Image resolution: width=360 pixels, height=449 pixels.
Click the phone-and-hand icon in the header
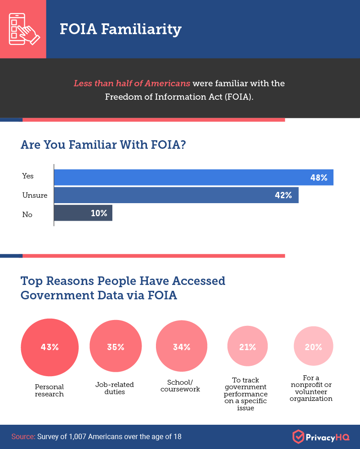(23, 29)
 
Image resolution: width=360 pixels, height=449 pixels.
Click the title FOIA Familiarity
(120, 29)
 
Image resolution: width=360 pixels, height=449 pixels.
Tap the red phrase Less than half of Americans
(132, 84)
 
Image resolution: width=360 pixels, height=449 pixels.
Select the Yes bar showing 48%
(193, 178)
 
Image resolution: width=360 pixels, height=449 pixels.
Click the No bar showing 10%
(83, 213)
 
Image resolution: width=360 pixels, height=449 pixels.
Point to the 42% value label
(283, 196)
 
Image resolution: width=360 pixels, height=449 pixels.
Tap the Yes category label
(28, 176)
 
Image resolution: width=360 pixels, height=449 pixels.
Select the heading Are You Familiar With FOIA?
(103, 145)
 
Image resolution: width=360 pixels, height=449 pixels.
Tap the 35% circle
(116, 347)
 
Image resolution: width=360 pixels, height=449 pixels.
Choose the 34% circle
(182, 347)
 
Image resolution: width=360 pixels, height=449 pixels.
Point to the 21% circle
(247, 347)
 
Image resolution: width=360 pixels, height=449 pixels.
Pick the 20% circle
(313, 347)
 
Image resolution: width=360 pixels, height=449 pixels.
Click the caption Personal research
(49, 390)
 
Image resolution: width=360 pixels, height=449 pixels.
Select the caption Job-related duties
(115, 388)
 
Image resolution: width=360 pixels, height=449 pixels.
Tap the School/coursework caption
(180, 386)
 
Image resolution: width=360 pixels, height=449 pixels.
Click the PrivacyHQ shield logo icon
(298, 436)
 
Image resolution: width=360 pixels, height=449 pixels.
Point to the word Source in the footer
(23, 436)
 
